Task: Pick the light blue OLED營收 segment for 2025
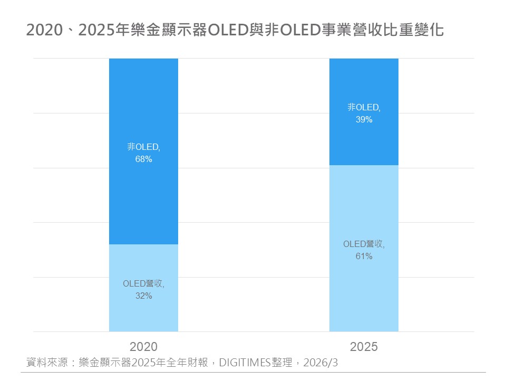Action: (364, 296)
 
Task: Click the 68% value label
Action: (143, 159)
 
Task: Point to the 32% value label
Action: (143, 296)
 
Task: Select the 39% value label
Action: (364, 120)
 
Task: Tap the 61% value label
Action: (364, 256)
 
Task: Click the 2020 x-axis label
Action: (143, 347)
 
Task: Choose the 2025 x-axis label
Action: (364, 347)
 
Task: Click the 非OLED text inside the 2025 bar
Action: (363, 108)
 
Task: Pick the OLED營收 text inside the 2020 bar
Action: (143, 283)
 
